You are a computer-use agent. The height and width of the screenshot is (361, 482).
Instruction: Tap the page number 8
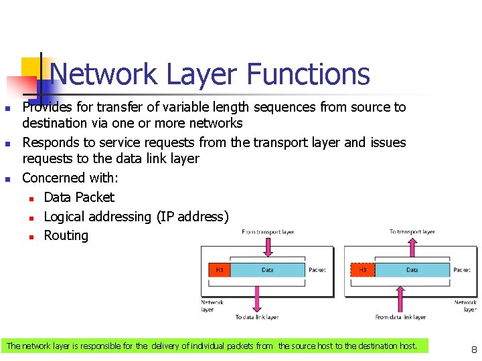pyautogui.click(x=474, y=349)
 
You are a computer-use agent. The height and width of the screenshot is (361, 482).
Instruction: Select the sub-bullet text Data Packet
pyautogui.click(x=79, y=197)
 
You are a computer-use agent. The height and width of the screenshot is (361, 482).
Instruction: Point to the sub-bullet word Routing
pyautogui.click(x=66, y=235)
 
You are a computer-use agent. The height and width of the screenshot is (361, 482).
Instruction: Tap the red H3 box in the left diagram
pyautogui.click(x=219, y=270)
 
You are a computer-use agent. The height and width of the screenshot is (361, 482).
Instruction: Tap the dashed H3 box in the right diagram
pyautogui.click(x=362, y=270)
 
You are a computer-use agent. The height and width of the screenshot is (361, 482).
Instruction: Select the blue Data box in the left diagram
pyautogui.click(x=267, y=270)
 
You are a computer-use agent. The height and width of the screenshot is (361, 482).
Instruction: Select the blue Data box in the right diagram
pyautogui.click(x=412, y=270)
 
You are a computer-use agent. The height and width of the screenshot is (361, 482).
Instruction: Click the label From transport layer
pyautogui.click(x=268, y=232)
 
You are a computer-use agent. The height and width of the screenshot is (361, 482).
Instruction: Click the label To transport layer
pyautogui.click(x=412, y=232)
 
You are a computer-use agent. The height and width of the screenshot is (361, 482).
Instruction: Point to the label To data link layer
pyautogui.click(x=257, y=317)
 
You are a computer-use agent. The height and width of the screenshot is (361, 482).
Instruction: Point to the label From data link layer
pyautogui.click(x=400, y=317)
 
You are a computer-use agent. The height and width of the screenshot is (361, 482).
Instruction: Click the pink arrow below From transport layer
pyautogui.click(x=268, y=247)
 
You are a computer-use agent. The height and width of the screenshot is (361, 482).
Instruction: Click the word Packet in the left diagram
pyautogui.click(x=317, y=270)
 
